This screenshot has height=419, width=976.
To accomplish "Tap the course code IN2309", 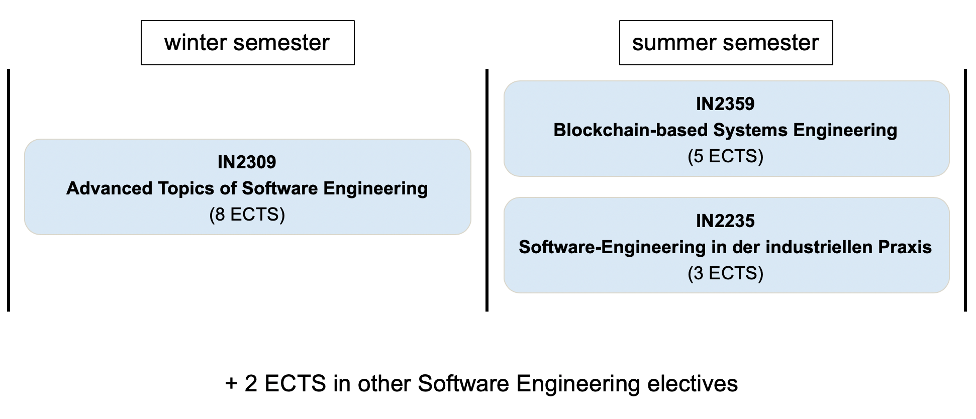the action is pyautogui.click(x=247, y=162).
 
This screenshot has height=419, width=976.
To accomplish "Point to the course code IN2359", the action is pyautogui.click(x=725, y=104).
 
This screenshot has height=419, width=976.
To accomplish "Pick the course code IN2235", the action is pyautogui.click(x=725, y=221).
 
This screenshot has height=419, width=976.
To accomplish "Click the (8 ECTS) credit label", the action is pyautogui.click(x=247, y=215).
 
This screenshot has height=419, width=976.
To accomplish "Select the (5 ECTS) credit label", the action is pyautogui.click(x=726, y=157).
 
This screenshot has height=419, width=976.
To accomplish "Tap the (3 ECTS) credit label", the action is pyautogui.click(x=726, y=274).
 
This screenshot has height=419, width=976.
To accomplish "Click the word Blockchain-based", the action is pyautogui.click(x=631, y=131).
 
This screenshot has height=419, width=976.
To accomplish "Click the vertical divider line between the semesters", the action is pyautogui.click(x=487, y=190).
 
